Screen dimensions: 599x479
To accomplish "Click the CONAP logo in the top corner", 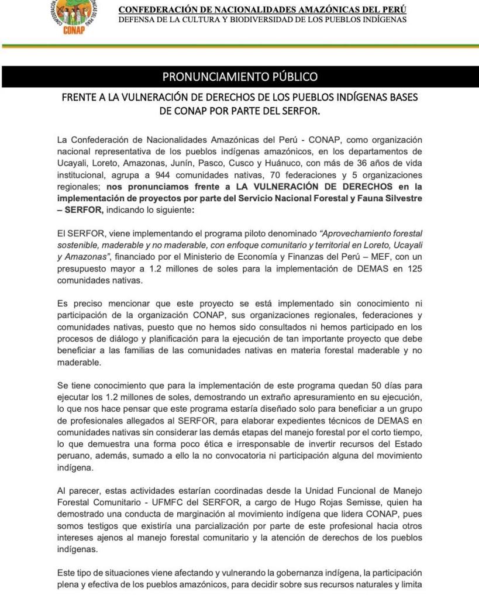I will click(x=74, y=15).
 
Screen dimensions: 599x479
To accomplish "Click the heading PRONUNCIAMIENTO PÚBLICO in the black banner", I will click(x=240, y=77).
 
